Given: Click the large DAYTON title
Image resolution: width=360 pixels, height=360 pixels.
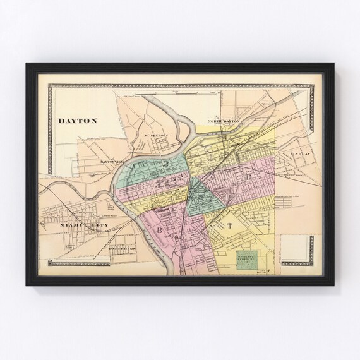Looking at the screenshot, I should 73,119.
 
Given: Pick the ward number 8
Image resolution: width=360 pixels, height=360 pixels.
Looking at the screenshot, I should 159,231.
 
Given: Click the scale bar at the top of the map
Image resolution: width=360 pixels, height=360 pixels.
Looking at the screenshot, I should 180,95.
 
